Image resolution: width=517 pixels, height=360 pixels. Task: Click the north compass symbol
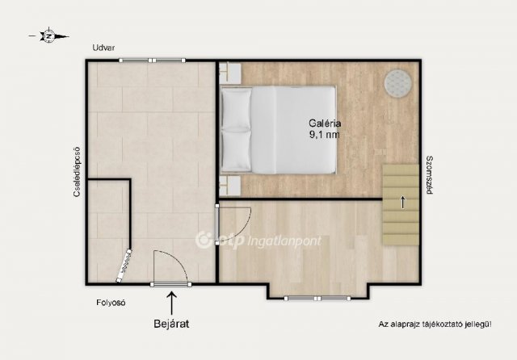point(48,36)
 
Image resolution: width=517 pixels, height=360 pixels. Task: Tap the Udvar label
point(103,48)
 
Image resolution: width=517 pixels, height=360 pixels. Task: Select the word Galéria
point(325,123)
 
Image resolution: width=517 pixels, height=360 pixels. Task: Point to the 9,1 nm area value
point(325,135)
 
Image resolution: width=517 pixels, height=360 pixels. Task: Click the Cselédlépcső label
point(77,172)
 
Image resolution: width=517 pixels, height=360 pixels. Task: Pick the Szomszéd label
point(429,175)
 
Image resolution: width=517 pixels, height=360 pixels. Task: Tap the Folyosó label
point(111,303)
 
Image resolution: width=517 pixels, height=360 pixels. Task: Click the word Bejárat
point(171,324)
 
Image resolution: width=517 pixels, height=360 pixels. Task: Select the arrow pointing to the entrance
point(171,303)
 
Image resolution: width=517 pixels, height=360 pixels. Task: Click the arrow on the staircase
point(402,203)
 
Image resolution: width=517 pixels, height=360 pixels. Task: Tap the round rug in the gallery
point(398,83)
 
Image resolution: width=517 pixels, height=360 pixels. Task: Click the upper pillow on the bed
point(236,109)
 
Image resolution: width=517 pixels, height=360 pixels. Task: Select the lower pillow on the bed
point(236,151)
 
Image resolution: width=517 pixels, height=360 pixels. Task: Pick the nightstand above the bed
point(231,73)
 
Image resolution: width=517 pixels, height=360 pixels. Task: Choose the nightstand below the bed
point(231,186)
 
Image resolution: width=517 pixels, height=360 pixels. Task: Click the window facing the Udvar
point(152,61)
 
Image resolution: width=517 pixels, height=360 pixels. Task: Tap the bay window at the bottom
point(317,299)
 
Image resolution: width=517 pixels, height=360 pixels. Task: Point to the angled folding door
point(124,266)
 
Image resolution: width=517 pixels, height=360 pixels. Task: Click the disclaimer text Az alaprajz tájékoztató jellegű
point(435,324)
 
